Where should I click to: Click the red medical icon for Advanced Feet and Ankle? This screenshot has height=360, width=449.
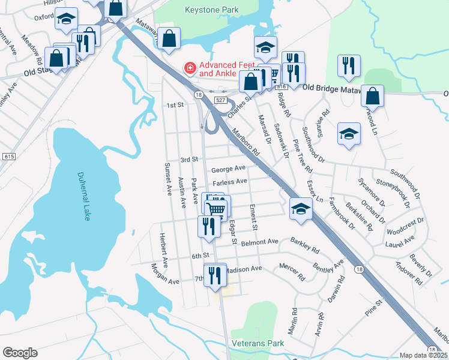(x=190, y=69)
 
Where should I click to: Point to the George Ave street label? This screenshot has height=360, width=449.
(x=229, y=169)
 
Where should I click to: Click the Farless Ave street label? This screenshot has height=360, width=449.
(x=229, y=181)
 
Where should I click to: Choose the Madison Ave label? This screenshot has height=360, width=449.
(x=244, y=269)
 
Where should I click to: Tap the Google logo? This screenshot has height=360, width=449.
(x=20, y=352)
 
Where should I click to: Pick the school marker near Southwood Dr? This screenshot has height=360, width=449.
(x=349, y=134)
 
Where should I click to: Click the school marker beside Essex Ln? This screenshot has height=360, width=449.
(x=301, y=208)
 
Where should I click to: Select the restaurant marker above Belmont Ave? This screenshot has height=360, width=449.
(x=208, y=226)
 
